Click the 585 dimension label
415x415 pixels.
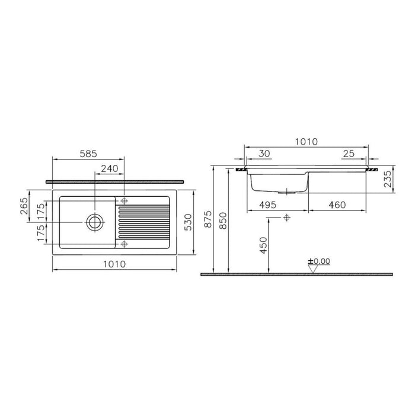(x=88, y=154)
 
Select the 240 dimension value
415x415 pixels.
(x=110, y=168)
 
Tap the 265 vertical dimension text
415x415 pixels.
(x=24, y=206)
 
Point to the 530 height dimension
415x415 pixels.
(x=188, y=222)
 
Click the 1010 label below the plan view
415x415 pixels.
(x=114, y=264)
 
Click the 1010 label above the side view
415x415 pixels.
(x=307, y=142)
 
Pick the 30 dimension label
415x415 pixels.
(x=264, y=154)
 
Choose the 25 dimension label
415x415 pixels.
(x=349, y=154)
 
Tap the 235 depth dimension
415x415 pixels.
(x=388, y=179)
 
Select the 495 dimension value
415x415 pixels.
(x=267, y=205)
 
